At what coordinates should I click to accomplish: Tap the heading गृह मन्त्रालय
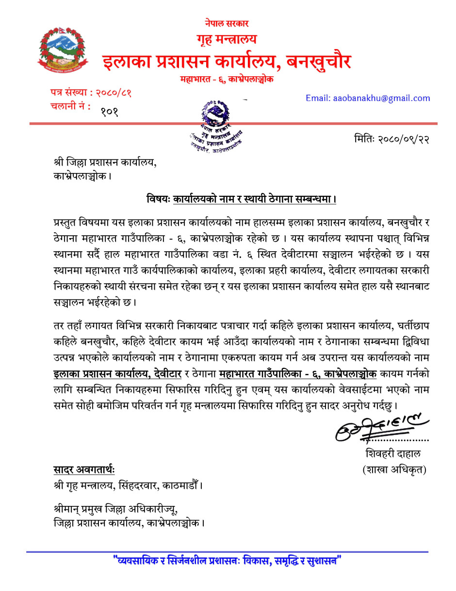[x=226, y=39]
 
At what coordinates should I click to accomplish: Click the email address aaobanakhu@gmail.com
[x=368, y=98]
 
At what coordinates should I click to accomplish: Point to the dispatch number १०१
[x=110, y=112]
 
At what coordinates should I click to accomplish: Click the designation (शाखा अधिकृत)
[x=394, y=470]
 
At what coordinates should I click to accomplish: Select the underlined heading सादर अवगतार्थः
[x=84, y=470]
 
